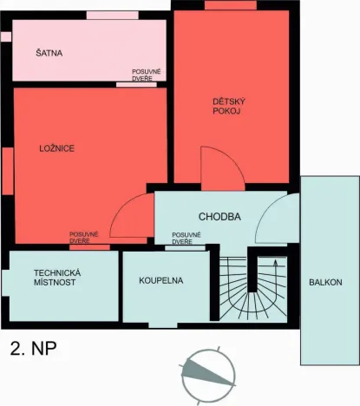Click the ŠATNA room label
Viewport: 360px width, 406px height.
point(50,53)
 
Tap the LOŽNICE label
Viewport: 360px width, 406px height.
point(57,148)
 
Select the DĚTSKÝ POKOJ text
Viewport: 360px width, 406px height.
point(226,106)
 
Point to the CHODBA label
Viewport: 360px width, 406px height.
point(219,217)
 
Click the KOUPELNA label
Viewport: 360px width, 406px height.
point(162,281)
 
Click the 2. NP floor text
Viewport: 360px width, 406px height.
point(34,350)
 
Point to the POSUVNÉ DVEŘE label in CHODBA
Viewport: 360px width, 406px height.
point(187,238)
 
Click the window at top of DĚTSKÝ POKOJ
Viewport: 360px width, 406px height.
point(230,5)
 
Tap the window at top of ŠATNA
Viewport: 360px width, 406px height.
point(112,15)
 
